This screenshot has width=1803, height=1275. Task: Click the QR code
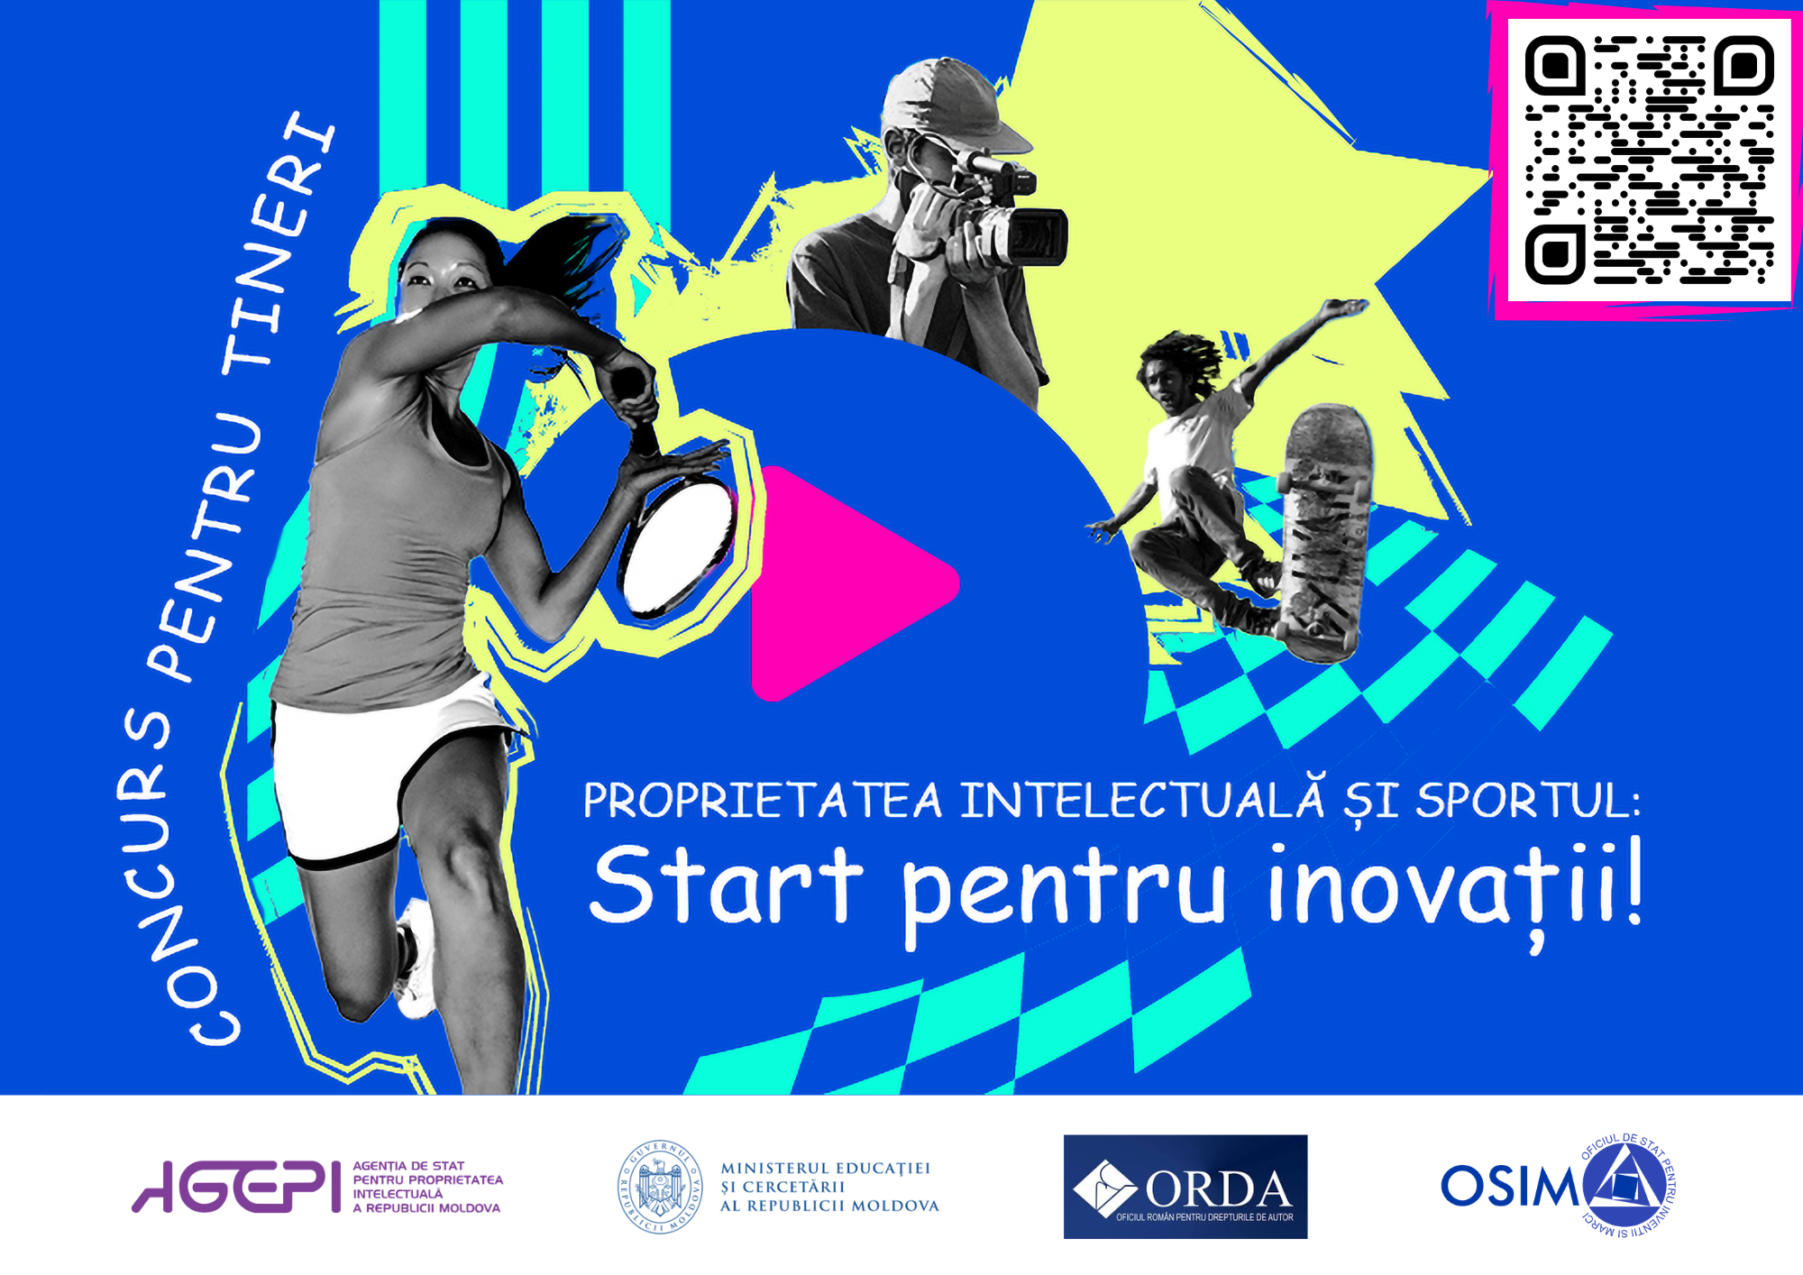1649,160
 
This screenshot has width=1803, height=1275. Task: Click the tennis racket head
678,546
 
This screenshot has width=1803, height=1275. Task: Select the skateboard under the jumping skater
1324,532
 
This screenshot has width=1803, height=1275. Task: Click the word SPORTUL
1527,801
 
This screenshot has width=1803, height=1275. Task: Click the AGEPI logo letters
237,1187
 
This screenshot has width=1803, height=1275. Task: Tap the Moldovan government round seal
660,1187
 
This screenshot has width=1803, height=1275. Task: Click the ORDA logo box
1185,1187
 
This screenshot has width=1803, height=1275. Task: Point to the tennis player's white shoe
416,960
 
